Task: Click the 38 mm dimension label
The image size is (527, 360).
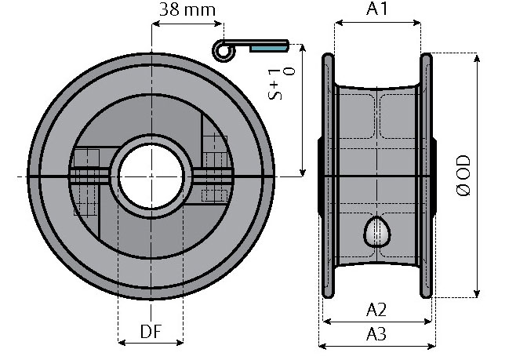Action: point(187,9)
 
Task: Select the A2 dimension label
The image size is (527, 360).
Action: point(376,310)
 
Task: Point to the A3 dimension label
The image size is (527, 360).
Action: point(376,334)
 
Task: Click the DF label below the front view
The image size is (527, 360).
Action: point(151,332)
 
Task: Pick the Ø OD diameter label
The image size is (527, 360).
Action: point(464,175)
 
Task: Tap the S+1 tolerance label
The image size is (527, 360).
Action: point(281,85)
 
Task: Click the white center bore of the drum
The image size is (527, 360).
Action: point(151,176)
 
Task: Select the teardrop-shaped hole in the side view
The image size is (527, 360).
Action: point(377,232)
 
